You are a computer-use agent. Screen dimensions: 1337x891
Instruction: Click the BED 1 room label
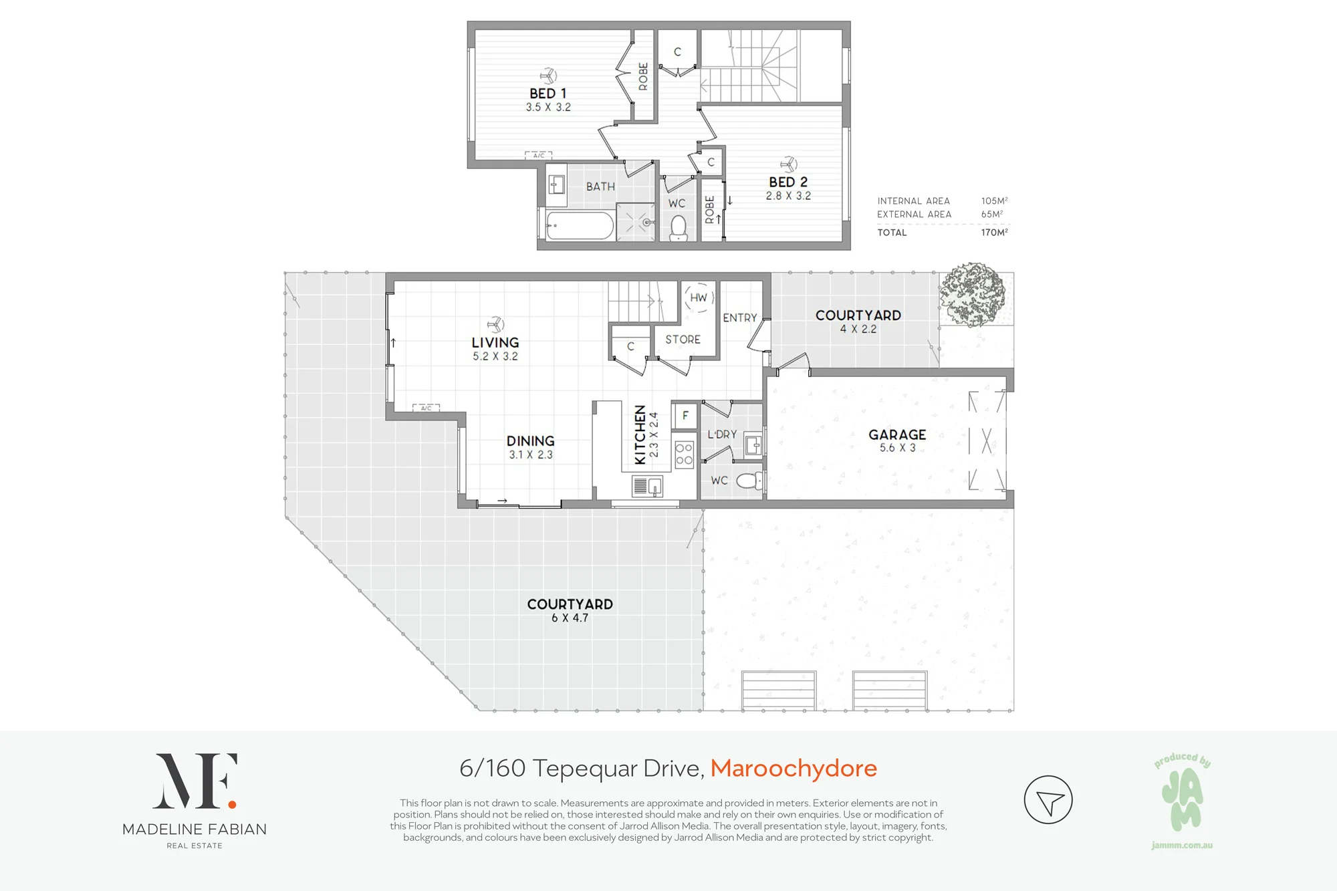click(x=548, y=94)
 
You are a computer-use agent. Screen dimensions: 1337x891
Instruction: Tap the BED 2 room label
click(x=788, y=182)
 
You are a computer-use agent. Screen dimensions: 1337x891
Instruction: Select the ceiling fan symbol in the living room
click(x=495, y=325)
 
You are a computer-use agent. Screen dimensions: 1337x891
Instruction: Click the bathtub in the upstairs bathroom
click(x=580, y=226)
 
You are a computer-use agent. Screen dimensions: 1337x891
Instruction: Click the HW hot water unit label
click(x=699, y=297)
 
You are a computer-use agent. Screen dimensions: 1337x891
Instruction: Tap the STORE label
click(x=683, y=340)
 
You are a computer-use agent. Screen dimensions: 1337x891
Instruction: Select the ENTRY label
click(x=740, y=318)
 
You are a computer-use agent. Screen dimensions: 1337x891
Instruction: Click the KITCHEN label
click(x=640, y=434)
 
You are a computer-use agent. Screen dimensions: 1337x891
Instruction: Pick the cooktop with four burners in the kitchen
click(x=684, y=455)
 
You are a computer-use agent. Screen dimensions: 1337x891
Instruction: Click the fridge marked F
click(x=685, y=416)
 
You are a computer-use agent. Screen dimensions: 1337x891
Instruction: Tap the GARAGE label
click(x=897, y=434)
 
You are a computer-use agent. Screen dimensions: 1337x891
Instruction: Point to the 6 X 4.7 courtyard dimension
click(x=570, y=618)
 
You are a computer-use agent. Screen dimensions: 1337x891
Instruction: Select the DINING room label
click(x=531, y=441)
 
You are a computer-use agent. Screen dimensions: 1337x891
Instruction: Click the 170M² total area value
click(x=995, y=232)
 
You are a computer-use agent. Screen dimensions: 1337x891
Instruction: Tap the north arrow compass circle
click(x=1048, y=799)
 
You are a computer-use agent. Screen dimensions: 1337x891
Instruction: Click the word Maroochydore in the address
click(x=794, y=769)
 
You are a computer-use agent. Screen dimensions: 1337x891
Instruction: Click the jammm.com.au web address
click(x=1182, y=846)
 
